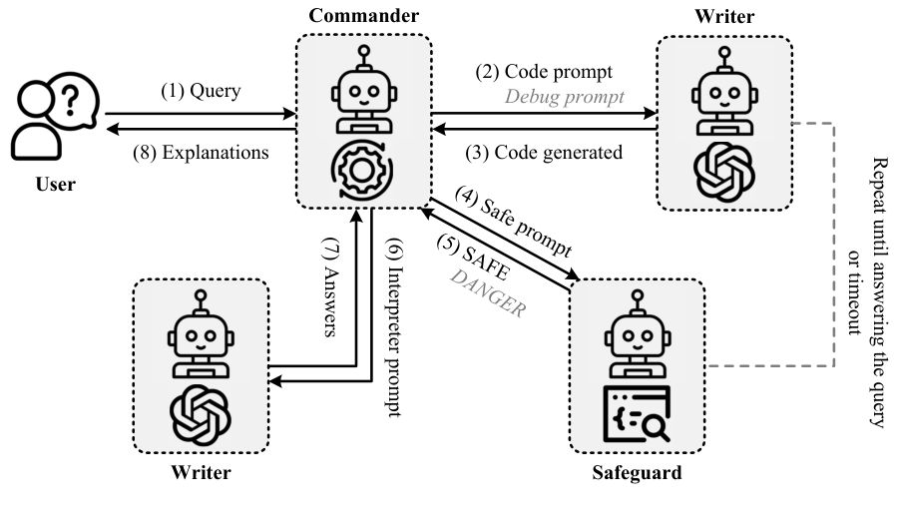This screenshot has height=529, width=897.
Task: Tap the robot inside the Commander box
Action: pos(363,92)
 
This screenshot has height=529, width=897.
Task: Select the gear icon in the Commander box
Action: pos(363,168)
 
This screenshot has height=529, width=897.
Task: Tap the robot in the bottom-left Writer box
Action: pos(201,335)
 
